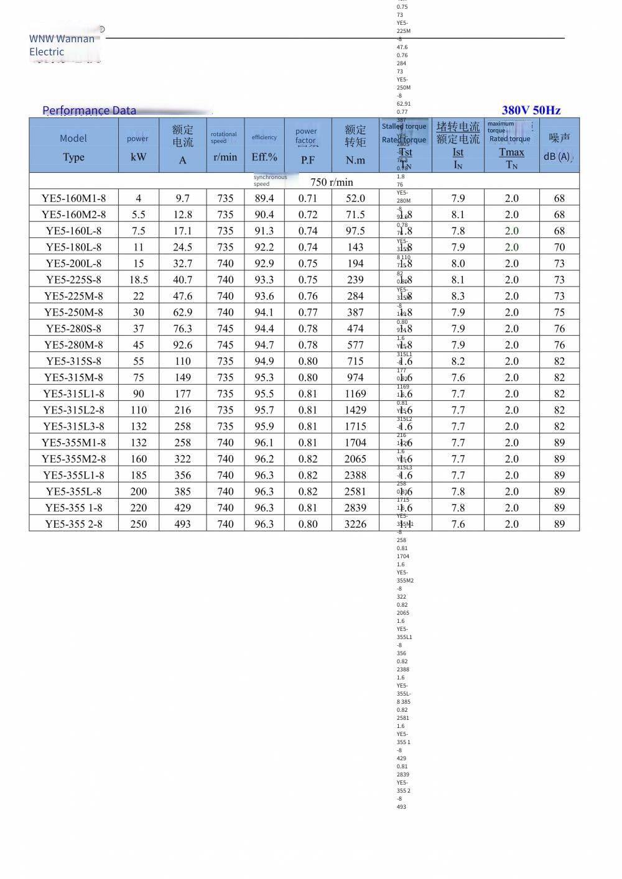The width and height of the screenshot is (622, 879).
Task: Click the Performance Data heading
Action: (89, 111)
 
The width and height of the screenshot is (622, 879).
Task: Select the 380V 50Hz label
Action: (531, 110)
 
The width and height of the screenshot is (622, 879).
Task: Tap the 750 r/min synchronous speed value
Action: (332, 182)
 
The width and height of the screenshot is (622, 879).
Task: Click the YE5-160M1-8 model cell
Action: (73, 198)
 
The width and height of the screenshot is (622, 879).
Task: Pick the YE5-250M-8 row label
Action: (73, 312)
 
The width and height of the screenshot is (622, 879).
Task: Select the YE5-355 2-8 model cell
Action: (73, 524)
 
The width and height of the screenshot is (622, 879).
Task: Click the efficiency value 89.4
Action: (264, 198)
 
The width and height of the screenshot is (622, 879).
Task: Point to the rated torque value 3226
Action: (355, 524)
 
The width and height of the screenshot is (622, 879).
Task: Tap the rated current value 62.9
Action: (183, 312)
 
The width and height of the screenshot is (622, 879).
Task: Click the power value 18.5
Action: (138, 280)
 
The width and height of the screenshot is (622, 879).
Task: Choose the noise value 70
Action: (559, 247)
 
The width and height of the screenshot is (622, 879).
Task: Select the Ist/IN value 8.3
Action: (458, 296)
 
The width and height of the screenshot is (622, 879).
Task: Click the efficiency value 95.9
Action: (264, 426)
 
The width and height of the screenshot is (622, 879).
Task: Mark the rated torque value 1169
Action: (355, 393)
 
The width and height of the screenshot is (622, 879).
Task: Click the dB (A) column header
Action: (559, 147)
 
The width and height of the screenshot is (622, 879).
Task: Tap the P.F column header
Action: (307, 160)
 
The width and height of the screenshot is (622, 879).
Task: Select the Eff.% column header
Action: (264, 157)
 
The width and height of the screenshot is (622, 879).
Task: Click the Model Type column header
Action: (73, 147)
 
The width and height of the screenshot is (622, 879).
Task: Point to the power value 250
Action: (138, 524)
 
